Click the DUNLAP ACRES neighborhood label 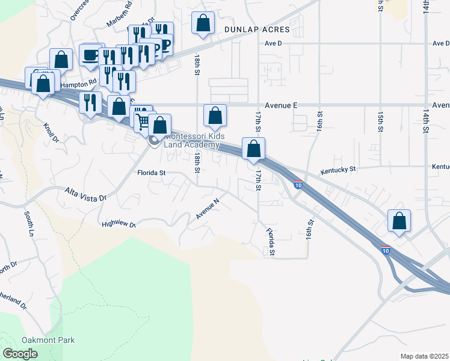point(257,29)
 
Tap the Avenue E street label point(278,104)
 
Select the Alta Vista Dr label point(85,194)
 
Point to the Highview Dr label point(119,224)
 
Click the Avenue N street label point(208,209)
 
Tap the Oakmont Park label point(49,340)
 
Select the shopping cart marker point(143,121)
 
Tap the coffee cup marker point(91,55)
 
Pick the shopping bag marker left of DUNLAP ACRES point(203,24)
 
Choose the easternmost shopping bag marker point(399,221)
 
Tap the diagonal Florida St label point(271,241)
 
